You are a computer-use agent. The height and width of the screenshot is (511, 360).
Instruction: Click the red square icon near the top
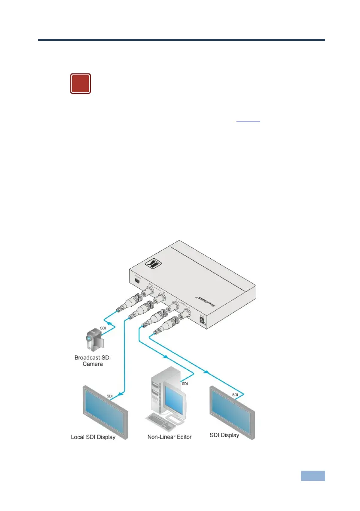click(81, 84)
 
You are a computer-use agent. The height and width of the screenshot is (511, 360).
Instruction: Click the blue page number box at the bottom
click(312, 476)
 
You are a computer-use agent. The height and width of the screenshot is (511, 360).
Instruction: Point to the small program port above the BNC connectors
click(137, 281)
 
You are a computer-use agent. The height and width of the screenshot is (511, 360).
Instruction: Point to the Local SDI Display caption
click(93, 438)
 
